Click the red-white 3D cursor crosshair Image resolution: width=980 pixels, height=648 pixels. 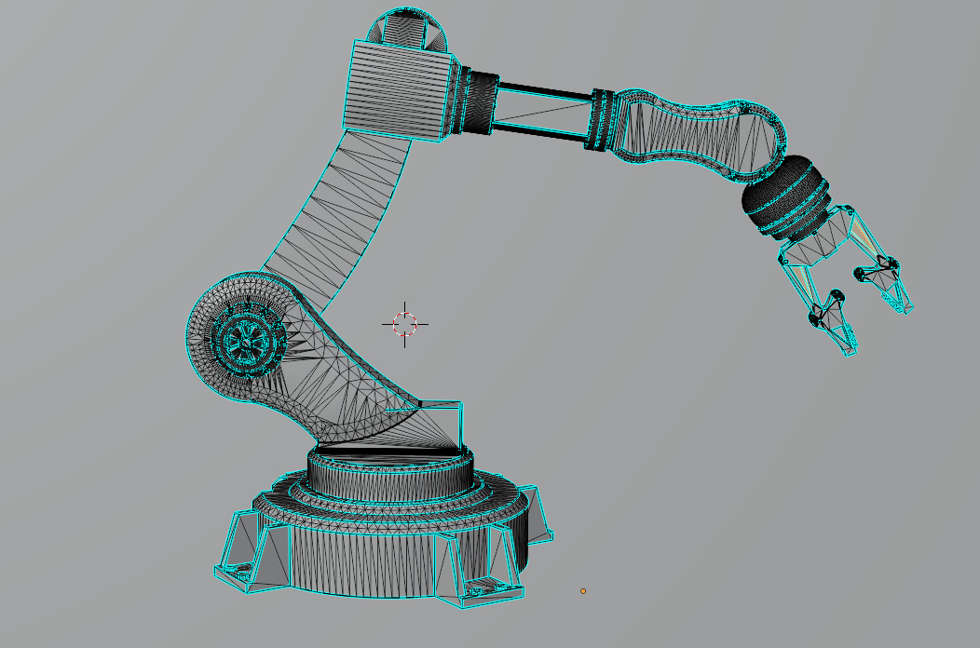[404, 324]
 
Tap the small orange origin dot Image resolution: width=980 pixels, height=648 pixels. [583, 590]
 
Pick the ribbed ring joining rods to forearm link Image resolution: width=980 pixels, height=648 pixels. [604, 119]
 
